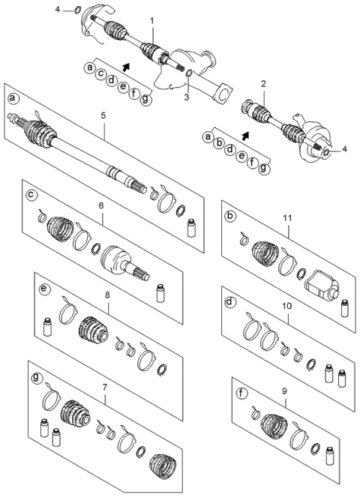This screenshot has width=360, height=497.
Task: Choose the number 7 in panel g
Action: (104, 387)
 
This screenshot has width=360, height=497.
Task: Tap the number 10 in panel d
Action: (287, 305)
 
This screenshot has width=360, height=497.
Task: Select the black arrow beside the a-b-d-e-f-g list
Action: (247, 137)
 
